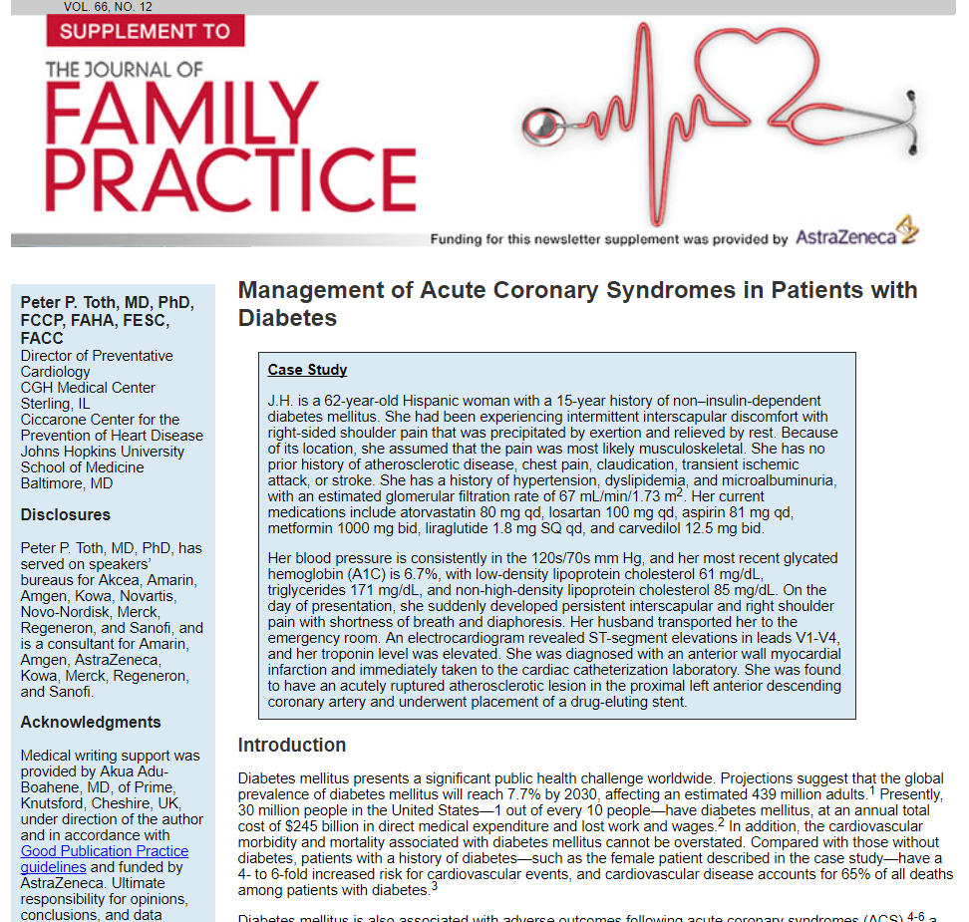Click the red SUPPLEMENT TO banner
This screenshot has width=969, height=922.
[145, 30]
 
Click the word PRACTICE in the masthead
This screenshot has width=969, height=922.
[231, 179]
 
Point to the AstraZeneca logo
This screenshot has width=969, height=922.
[856, 236]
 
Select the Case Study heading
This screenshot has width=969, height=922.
[307, 370]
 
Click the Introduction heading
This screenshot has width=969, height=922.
[292, 745]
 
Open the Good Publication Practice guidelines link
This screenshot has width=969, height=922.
[105, 859]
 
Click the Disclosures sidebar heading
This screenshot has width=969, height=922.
[66, 515]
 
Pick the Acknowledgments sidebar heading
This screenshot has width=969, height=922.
[91, 723]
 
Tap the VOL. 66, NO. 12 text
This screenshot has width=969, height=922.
[108, 7]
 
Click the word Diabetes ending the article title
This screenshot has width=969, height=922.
[287, 318]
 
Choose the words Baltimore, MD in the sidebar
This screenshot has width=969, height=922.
[67, 483]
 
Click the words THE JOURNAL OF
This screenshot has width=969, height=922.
[124, 70]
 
